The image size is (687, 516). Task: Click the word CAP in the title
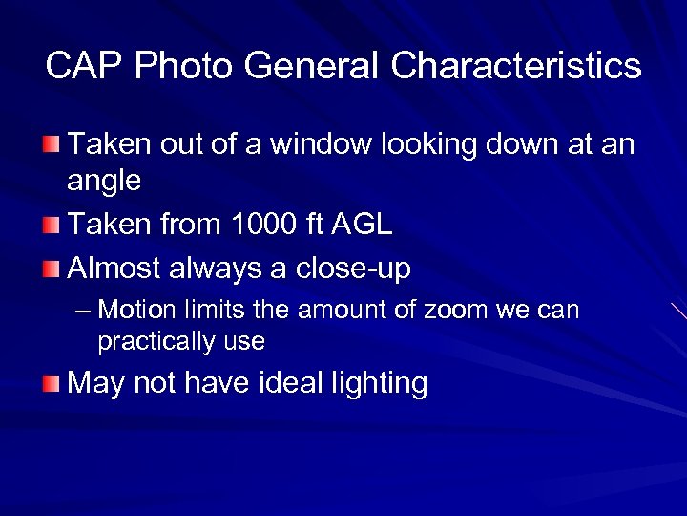(x=85, y=67)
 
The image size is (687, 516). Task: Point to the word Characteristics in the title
(x=516, y=67)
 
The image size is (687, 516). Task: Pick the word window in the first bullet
(x=322, y=144)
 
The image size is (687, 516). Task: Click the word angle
(x=104, y=182)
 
